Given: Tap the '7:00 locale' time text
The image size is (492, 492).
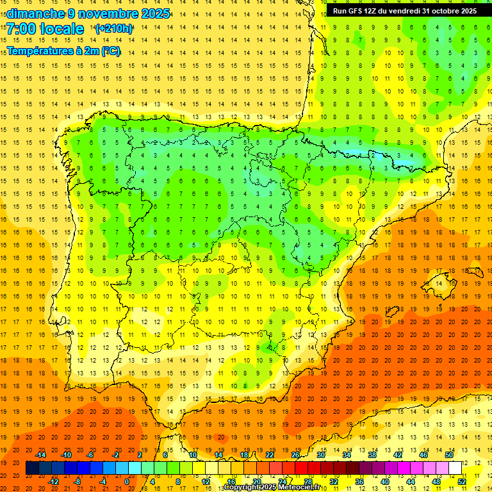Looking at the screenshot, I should tap(45, 29).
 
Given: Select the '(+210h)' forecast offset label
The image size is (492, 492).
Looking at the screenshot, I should tap(114, 29).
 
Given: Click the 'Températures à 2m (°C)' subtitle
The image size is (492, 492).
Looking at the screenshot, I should tap(63, 51).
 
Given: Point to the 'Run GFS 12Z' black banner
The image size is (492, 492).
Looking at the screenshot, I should tap(405, 11).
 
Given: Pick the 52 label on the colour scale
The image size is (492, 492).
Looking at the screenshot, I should tap(462, 481).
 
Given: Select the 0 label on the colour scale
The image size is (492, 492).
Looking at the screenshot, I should tap(126, 481).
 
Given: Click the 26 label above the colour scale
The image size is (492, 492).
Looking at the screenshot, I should tap(295, 455).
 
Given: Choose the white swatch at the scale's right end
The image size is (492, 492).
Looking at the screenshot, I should tap(455, 468).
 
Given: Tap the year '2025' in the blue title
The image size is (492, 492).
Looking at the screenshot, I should tap(156, 13).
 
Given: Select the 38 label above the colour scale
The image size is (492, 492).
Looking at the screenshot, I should tap(372, 455).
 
